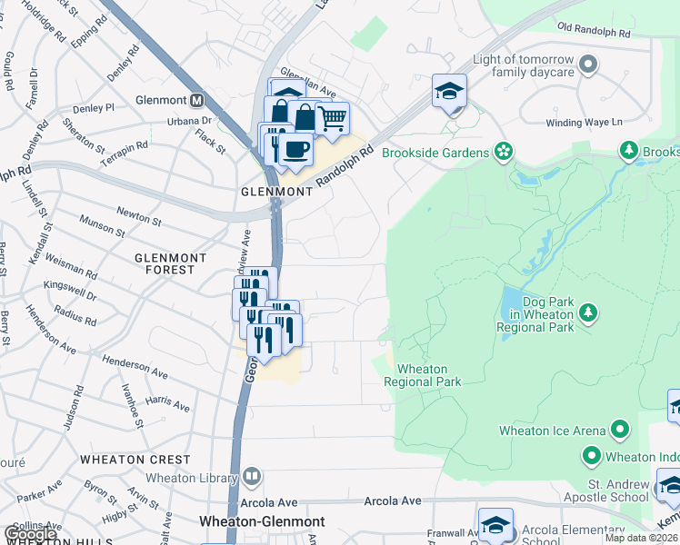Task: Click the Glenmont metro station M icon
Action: point(195,99)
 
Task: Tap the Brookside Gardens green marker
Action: point(504,153)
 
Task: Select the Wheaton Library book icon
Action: point(252,476)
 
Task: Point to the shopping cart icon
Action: point(333,117)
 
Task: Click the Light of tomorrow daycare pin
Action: point(588,64)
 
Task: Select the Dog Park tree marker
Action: point(588,313)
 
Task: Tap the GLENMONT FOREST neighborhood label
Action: point(165,263)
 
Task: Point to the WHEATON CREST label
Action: point(135,461)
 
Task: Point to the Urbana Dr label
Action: point(188,121)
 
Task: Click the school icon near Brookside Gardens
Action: point(449,92)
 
